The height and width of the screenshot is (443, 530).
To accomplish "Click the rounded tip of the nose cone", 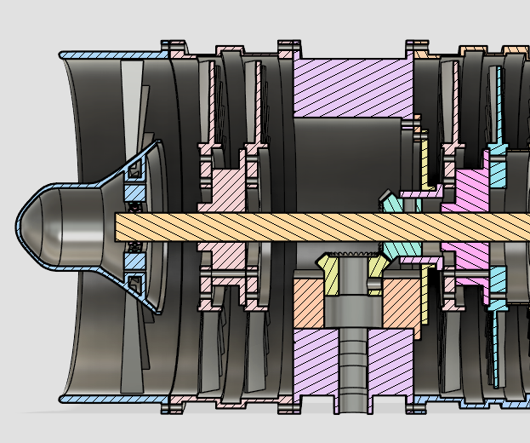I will coord(20,225).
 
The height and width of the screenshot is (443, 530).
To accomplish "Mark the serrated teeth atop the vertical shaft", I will coord(352,254).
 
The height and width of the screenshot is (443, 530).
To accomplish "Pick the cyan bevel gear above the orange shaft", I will coord(393,202).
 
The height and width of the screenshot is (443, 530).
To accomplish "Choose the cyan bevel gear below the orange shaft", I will coord(393,250).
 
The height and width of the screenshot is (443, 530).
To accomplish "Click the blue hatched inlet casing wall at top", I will coord(111,55).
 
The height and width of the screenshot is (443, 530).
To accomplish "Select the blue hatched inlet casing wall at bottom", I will coord(111,398).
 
